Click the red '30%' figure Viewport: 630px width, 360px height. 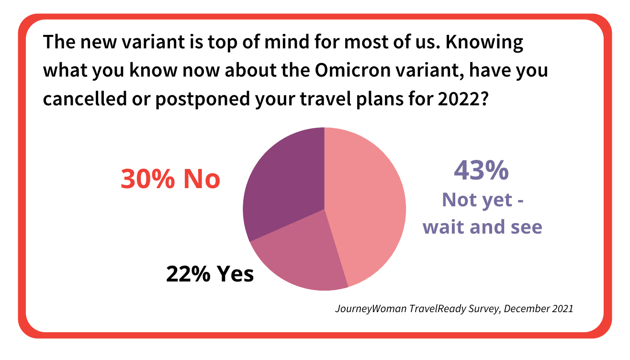point(147,179)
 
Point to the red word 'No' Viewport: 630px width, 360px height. point(202,179)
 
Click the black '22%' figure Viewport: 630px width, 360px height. point(188,274)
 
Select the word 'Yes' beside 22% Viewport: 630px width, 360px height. point(235,274)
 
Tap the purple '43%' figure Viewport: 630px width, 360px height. point(481,170)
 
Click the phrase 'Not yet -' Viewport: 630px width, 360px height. point(483,200)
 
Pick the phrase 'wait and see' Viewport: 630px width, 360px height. point(483,227)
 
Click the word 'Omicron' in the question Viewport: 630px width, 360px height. point(353,70)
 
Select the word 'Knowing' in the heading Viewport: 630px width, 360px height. point(484,42)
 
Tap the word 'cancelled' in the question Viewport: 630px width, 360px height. point(85,99)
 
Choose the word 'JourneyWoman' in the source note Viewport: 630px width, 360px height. point(371,309)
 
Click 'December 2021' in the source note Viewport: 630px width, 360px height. point(538,308)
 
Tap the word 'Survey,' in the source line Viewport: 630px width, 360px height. point(485,309)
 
